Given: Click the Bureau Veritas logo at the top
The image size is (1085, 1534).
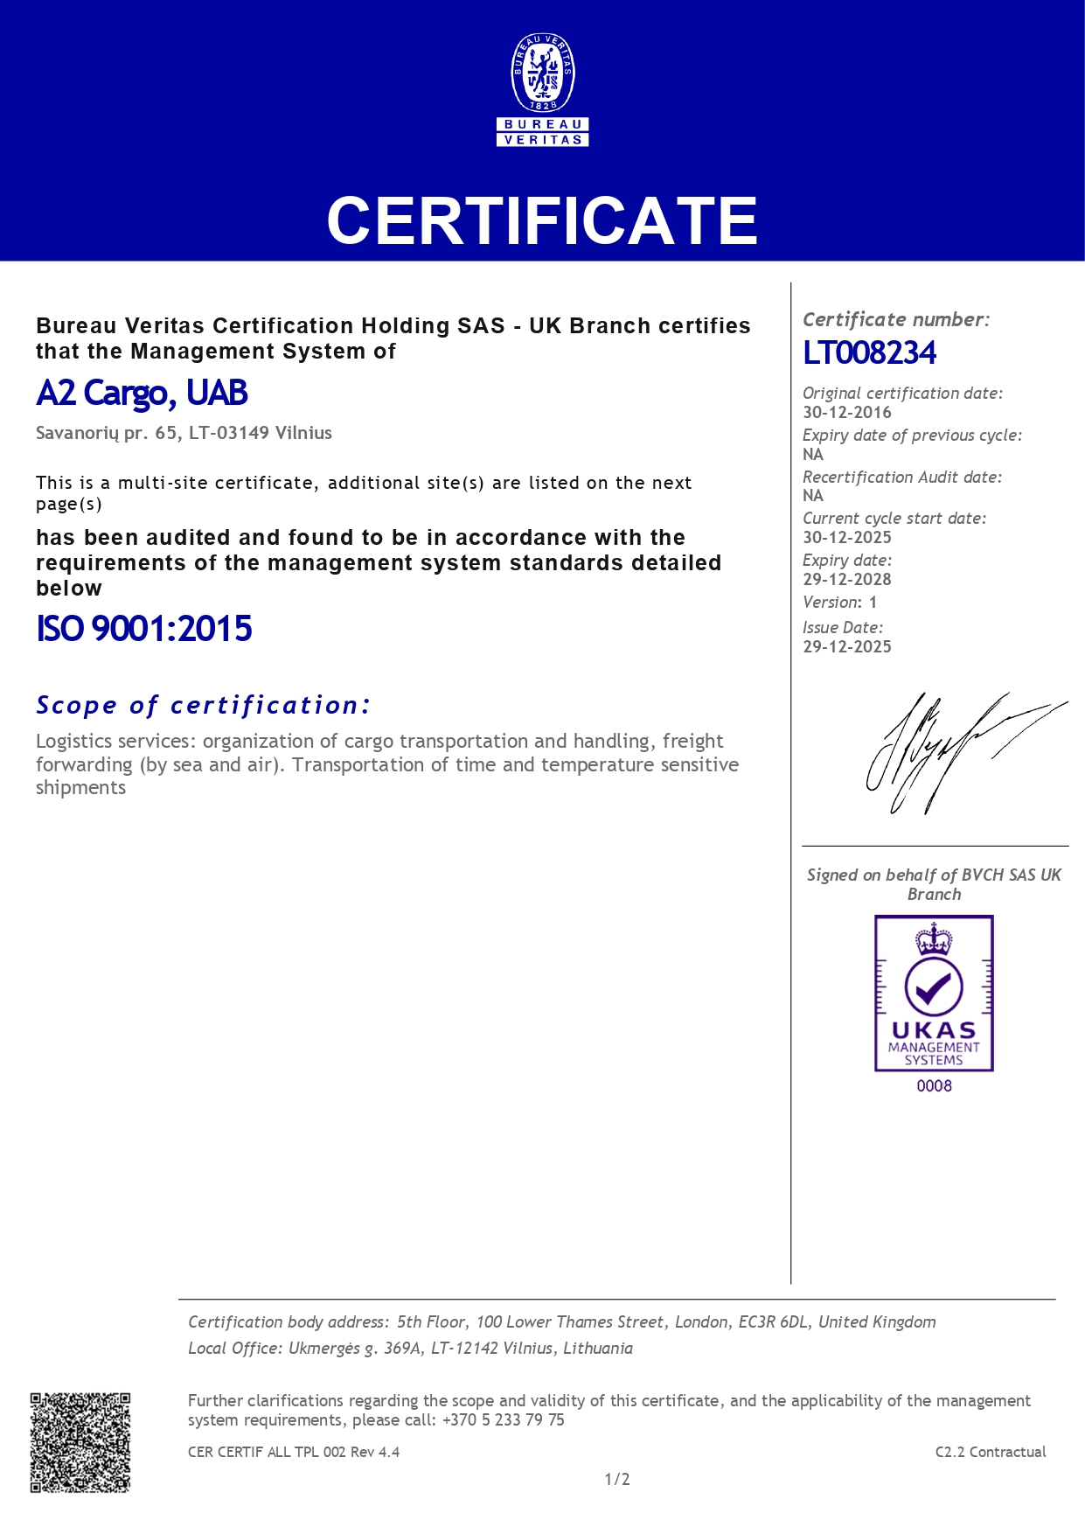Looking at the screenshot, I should coord(542,89).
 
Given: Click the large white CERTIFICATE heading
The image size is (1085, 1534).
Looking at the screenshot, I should coord(542,220).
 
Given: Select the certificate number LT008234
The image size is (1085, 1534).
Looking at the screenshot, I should coord(869,352).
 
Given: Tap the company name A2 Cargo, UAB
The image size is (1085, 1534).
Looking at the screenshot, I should coord(142,394).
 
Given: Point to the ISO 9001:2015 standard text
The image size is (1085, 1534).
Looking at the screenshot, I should coord(144,629).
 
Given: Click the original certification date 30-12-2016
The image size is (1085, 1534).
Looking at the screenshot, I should coord(847,412).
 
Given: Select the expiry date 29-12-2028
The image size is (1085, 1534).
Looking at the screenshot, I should coord(847,579).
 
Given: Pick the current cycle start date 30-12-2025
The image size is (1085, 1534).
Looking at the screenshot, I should coord(847,537).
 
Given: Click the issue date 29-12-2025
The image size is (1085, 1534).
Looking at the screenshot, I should coord(847,646).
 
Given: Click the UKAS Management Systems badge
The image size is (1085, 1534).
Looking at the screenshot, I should coord(934,994).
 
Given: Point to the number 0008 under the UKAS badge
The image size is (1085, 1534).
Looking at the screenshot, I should coord(934,1086).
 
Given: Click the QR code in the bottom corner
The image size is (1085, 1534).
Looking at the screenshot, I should coord(80,1442).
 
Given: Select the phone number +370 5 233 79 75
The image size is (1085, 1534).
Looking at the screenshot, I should coord(504,1420).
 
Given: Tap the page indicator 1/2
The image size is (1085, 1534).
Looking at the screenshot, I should coord(617,1479).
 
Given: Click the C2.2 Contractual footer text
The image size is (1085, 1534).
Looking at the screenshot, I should coord(990,1452).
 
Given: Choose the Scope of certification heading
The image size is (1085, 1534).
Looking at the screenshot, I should coord(204,705).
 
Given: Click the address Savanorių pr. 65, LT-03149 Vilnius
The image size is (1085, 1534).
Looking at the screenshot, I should coord(184,433).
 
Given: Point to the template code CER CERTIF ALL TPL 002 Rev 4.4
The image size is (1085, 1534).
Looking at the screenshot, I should coord(294,1452).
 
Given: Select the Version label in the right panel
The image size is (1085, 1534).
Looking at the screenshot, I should coord(831,603).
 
